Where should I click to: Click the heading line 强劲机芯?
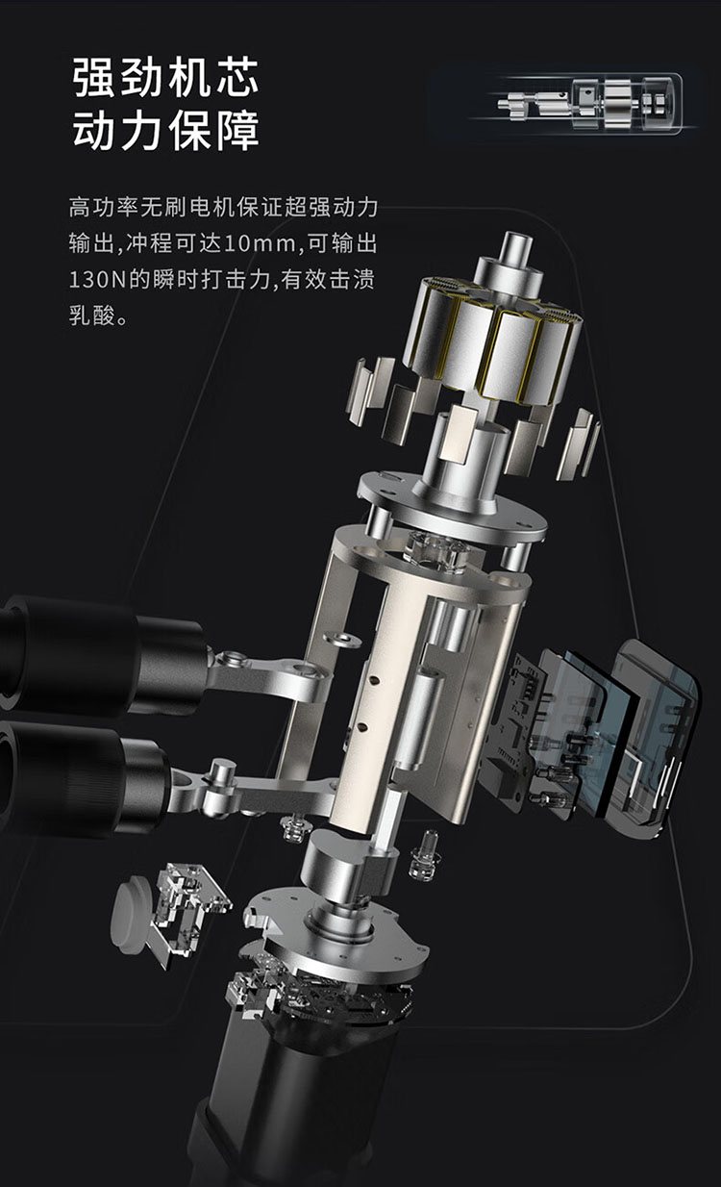(165, 78)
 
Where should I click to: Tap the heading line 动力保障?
(165, 130)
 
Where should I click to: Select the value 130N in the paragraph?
(97, 280)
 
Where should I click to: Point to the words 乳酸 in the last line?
(92, 316)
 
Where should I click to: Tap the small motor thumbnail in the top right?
(589, 102)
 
